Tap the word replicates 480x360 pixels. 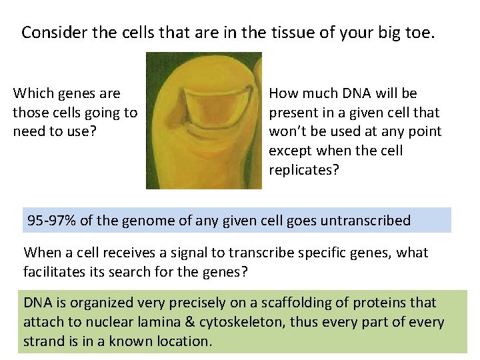point(303,169)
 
